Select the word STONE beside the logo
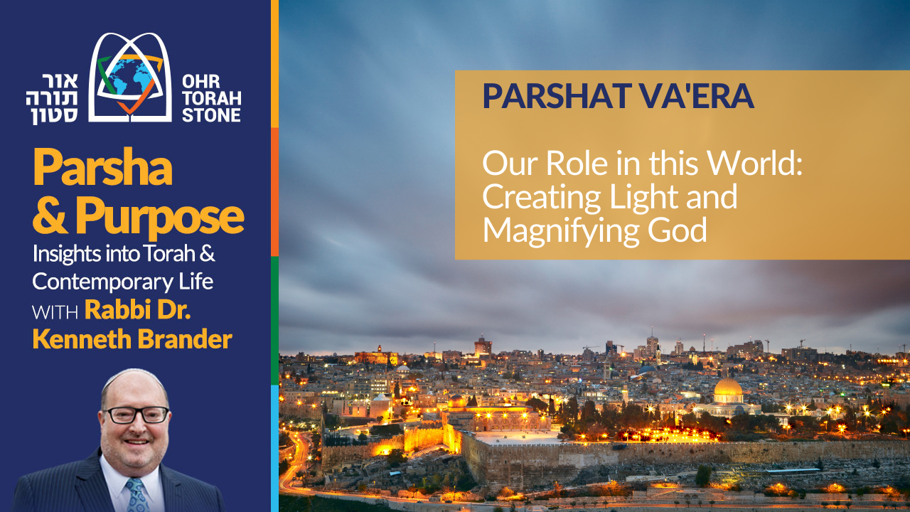coord(211,114)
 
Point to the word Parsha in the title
coord(102,168)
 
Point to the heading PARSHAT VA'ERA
coord(618,97)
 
